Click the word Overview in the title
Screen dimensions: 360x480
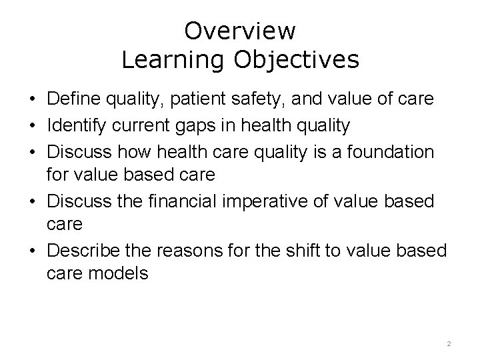click(x=240, y=31)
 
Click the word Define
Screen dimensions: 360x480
click(x=74, y=99)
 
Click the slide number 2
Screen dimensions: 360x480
click(x=449, y=343)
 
